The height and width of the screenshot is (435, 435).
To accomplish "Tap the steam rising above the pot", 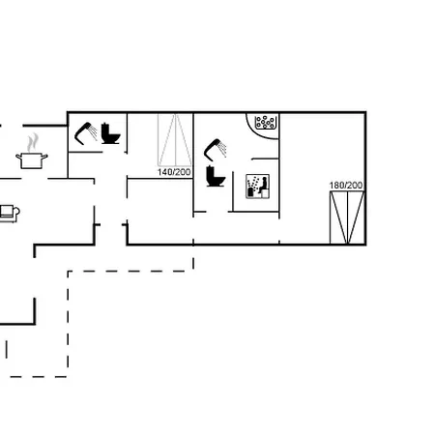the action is tap(33, 143).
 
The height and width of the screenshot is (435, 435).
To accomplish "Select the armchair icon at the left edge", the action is tap(10, 213).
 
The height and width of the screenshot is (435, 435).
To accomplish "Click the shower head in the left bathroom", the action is tap(83, 133).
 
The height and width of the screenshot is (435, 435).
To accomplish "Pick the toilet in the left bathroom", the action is tap(110, 133).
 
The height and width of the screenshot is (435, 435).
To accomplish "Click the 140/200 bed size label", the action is tap(174, 172).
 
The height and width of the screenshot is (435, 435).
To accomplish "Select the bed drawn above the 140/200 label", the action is tap(175, 140).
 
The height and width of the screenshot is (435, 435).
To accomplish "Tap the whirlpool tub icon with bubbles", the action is tap(266, 123).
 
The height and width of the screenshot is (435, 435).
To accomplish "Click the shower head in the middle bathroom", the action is tap(213, 150).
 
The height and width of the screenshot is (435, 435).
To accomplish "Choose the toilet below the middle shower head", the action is tap(216, 176).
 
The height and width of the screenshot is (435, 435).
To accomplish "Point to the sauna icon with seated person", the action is tap(257, 187).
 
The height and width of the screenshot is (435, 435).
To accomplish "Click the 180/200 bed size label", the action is tap(346, 186).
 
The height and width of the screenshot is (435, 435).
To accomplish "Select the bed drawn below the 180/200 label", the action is tap(347, 217).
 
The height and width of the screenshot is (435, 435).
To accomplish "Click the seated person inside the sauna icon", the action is tap(264, 185).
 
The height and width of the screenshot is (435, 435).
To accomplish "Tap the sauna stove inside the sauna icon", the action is tap(250, 192).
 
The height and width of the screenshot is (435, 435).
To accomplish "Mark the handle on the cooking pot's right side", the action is tap(45, 157).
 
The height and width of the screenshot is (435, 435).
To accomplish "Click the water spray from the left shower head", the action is tap(93, 132).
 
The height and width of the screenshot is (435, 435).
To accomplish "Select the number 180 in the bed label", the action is tap(336, 186).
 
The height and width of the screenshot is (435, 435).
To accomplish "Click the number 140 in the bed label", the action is tap(164, 172).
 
